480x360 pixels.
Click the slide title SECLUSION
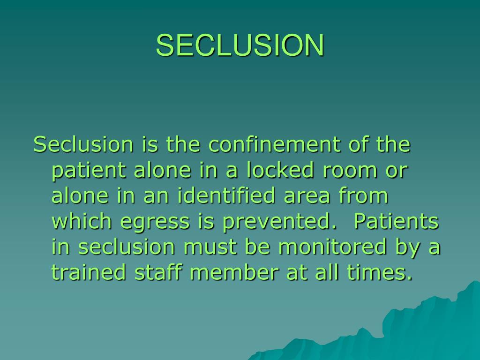click(240, 45)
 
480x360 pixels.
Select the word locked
click(286, 171)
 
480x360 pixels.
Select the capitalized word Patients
click(396, 222)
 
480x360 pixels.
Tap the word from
click(367, 196)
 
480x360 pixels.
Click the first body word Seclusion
click(83, 145)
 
